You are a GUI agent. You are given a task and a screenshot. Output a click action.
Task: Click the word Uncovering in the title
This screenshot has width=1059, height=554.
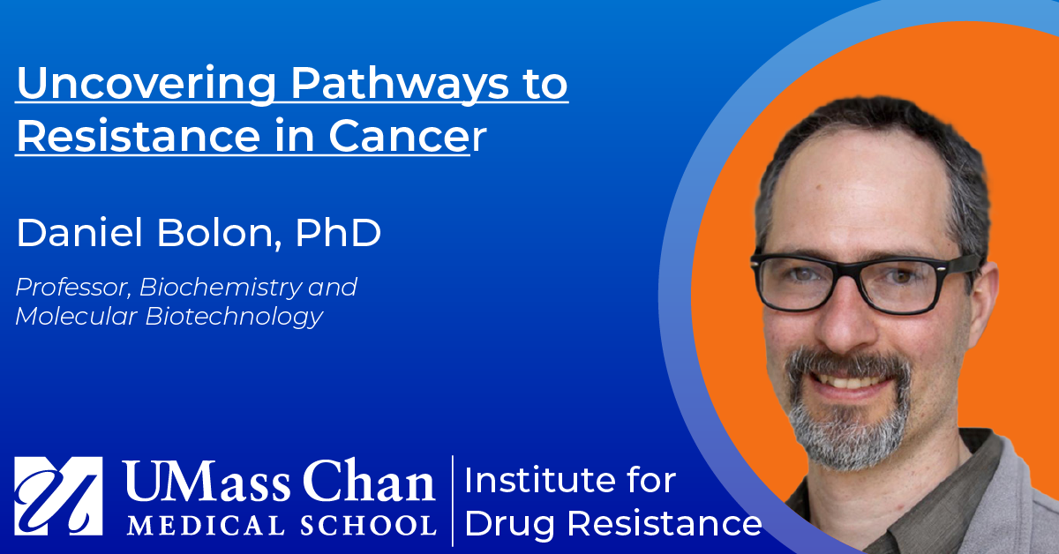(146, 84)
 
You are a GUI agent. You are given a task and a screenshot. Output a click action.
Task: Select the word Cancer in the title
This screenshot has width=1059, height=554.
(408, 136)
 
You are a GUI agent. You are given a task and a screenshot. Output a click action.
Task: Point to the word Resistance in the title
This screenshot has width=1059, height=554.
(139, 135)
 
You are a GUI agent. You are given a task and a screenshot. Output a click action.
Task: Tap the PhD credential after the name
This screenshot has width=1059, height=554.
(338, 233)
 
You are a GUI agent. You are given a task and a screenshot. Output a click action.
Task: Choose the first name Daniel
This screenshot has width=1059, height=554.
(79, 233)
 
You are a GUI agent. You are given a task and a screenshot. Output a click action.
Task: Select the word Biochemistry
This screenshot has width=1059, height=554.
(221, 288)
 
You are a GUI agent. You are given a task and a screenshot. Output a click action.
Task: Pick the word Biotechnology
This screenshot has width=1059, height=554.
(234, 317)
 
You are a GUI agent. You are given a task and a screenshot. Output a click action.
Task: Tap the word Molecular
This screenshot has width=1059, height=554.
(76, 317)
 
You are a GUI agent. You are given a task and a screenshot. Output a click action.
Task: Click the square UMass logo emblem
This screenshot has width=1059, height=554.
(58, 496)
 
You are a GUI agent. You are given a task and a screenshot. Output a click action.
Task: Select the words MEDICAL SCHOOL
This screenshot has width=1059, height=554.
(282, 525)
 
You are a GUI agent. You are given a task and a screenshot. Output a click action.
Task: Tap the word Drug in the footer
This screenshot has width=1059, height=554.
(510, 526)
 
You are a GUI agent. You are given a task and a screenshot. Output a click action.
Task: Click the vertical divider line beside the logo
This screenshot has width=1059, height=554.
(453, 500)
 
